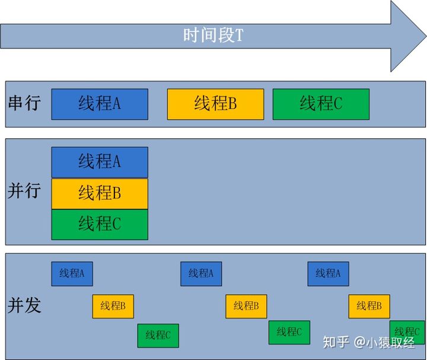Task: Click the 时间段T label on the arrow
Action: tap(213, 36)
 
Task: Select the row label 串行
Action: tap(24, 103)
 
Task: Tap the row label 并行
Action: tap(24, 191)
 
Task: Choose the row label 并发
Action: tap(24, 305)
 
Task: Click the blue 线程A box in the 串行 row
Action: tap(100, 104)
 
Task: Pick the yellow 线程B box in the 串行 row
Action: tap(215, 104)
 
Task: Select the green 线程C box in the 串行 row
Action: tap(321, 104)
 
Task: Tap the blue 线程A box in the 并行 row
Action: tap(100, 161)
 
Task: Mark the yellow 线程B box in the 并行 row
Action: tap(100, 193)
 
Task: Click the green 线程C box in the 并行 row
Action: tap(100, 224)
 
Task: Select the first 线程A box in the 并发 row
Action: tap(72, 273)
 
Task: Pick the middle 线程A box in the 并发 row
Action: tap(201, 273)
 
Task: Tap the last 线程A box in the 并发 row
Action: tap(328, 273)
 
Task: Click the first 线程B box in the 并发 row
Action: tap(113, 306)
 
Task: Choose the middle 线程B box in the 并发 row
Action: tap(246, 306)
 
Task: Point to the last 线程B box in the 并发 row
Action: tap(369, 306)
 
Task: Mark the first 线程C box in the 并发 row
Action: tap(158, 335)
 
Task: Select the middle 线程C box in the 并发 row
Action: tap(289, 332)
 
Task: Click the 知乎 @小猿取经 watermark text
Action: tap(368, 342)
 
